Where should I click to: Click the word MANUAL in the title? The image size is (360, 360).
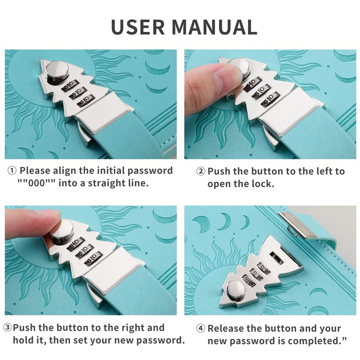215,27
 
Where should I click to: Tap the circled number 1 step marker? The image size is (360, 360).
12,171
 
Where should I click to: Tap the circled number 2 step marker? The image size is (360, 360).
201,171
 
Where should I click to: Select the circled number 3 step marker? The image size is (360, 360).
7,328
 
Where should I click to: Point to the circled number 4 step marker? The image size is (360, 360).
201,328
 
